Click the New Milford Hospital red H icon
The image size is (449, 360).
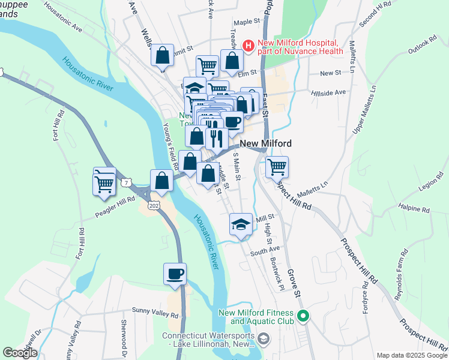247,45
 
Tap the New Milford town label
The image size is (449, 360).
266,144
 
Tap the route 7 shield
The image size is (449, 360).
125,181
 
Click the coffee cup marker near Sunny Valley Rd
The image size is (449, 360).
175,274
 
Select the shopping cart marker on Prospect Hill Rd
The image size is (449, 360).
277,167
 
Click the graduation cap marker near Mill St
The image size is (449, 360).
241,224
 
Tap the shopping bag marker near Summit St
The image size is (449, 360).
162,56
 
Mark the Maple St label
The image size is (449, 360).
246,22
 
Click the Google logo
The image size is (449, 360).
20,353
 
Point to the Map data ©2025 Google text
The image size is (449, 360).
412,355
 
